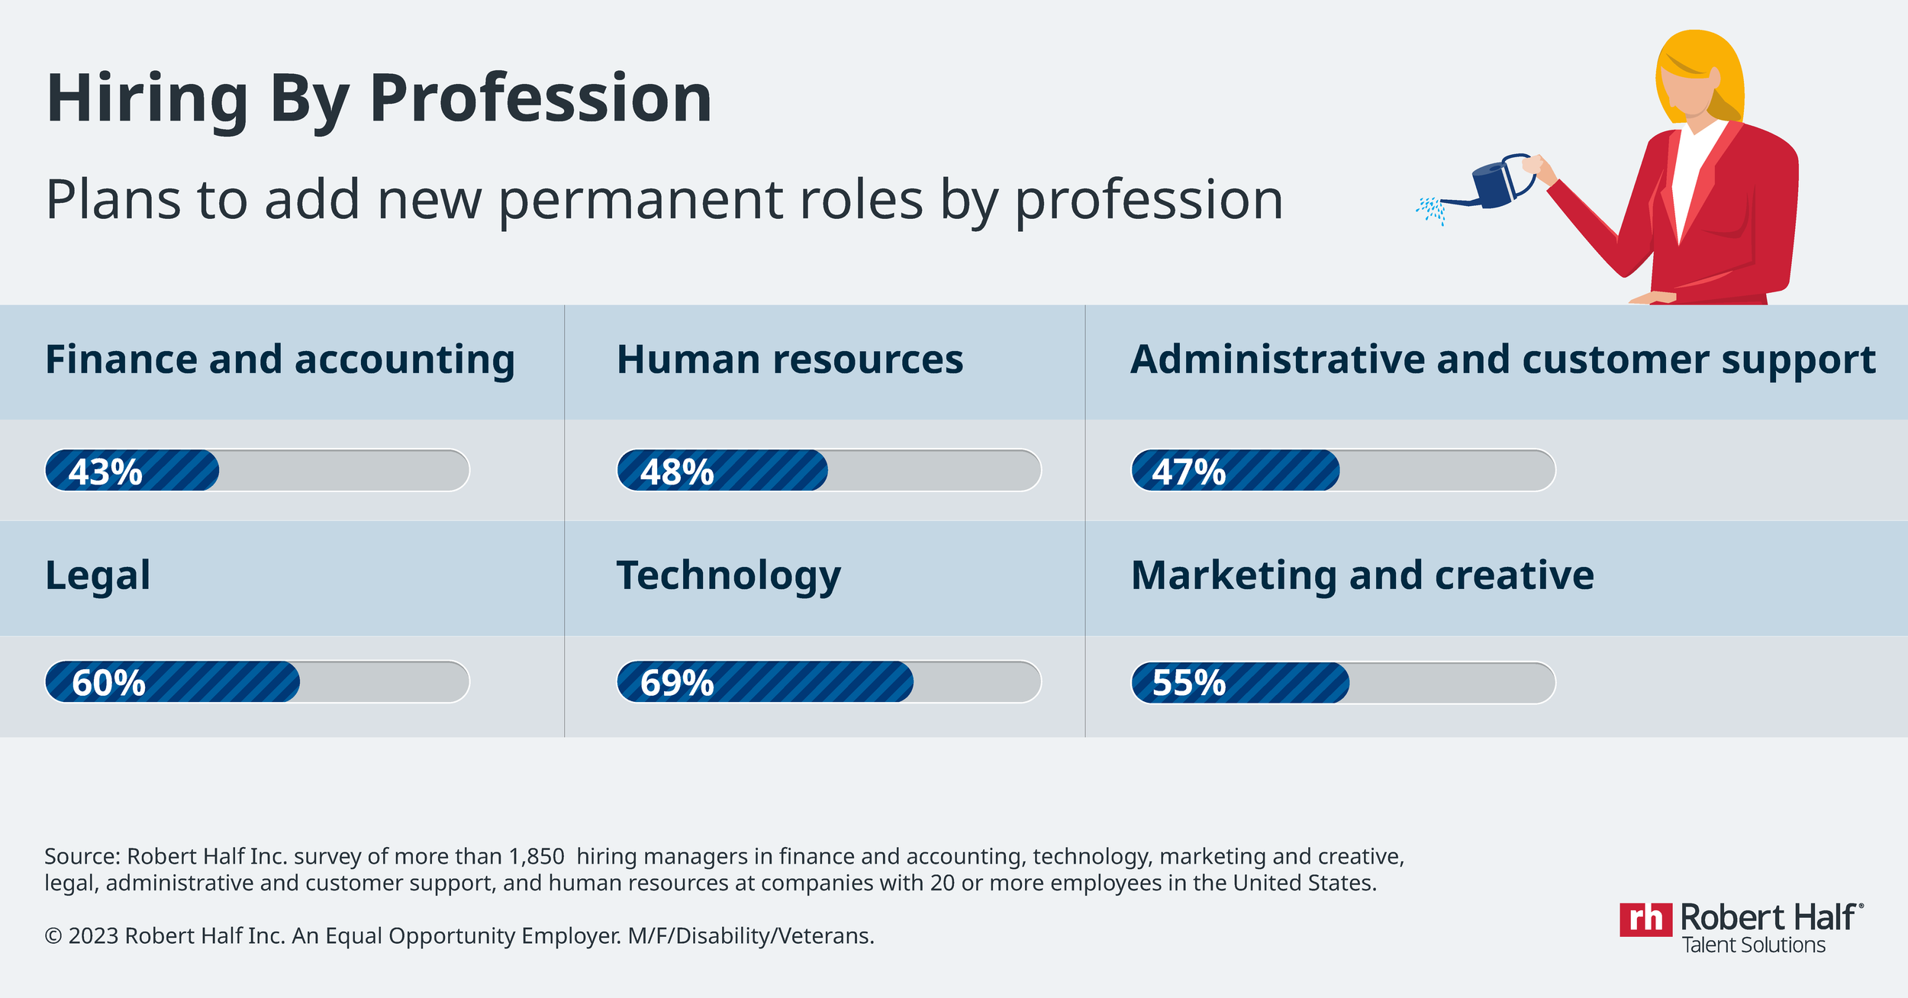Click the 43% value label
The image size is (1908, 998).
(105, 472)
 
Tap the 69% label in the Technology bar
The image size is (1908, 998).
(677, 682)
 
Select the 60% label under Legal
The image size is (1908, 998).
(108, 682)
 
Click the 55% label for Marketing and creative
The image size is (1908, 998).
(1188, 682)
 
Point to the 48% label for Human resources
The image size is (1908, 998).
(677, 472)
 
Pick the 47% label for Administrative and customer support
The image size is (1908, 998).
(1188, 472)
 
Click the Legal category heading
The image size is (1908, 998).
(98, 575)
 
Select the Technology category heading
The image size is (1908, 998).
(728, 575)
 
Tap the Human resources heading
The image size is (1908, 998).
(790, 359)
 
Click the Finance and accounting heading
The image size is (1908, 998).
(280, 359)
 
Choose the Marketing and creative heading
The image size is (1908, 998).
(1362, 575)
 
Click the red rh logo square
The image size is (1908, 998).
(1645, 919)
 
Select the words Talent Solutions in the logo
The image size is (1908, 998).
(1754, 945)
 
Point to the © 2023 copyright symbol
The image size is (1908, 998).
(53, 936)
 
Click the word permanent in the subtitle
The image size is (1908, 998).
(642, 200)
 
